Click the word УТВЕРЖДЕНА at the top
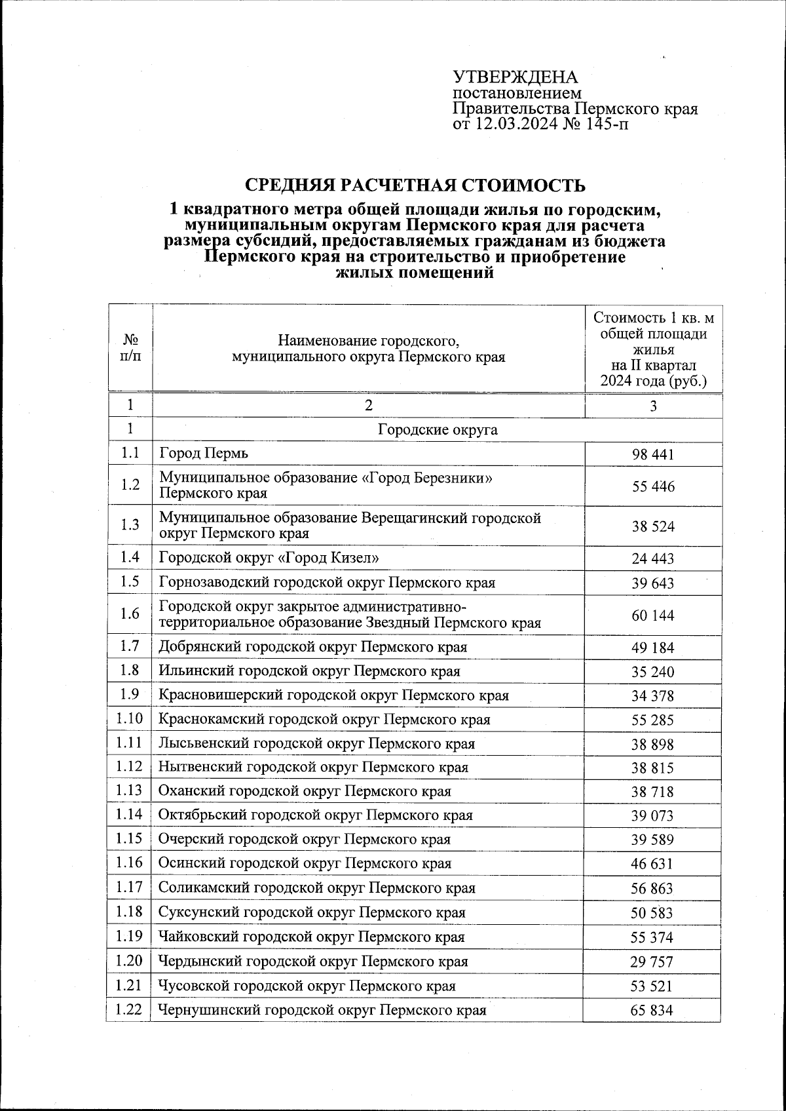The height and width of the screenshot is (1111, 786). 516,77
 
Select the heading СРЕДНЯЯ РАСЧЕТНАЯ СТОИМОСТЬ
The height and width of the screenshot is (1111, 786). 415,185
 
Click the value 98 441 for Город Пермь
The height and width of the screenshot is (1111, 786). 652,454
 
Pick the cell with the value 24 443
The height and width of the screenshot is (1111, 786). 652,559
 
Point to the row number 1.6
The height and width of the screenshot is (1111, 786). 130,614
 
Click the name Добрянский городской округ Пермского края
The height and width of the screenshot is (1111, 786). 313,647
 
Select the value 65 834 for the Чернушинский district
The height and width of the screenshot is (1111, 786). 652,1011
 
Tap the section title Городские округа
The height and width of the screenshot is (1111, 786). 438,430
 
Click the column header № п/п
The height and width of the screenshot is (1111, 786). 130,348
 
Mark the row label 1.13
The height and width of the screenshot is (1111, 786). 129,790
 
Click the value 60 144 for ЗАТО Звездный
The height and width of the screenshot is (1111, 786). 652,615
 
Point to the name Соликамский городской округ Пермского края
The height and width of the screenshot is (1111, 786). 317,888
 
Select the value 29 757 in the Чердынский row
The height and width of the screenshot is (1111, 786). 652,962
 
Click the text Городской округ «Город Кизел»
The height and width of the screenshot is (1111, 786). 269,558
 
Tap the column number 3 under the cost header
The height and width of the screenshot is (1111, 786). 653,406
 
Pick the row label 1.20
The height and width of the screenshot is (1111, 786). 129,961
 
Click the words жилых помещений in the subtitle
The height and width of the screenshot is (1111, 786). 414,273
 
